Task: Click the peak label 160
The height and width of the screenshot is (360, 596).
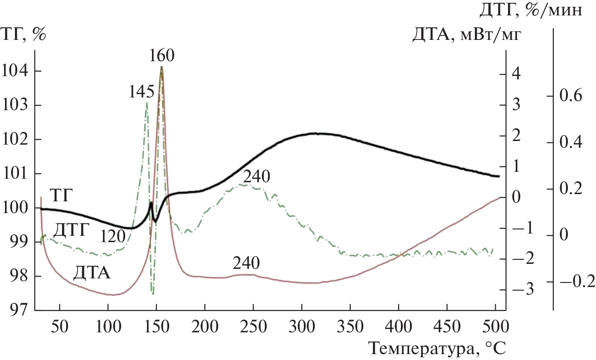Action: click(161, 56)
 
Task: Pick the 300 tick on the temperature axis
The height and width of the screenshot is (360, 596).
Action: click(302, 326)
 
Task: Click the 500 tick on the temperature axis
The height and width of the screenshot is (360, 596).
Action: click(495, 326)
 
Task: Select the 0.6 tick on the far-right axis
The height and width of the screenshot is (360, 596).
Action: click(574, 97)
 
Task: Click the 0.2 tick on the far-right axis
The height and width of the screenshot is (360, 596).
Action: click(574, 189)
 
